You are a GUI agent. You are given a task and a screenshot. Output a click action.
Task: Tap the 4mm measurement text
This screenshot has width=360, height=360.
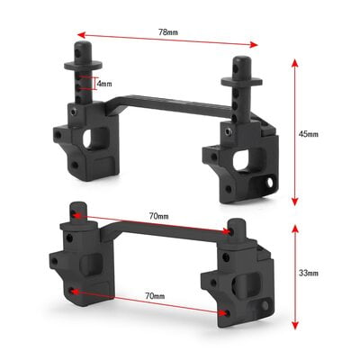[x=104, y=84]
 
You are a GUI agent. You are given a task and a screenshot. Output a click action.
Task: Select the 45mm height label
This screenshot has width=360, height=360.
[x=309, y=134]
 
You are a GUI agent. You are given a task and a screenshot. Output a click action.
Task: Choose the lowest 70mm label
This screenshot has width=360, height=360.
[x=154, y=296]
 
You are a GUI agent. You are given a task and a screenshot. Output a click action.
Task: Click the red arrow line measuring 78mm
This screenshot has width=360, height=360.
[x=167, y=42]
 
